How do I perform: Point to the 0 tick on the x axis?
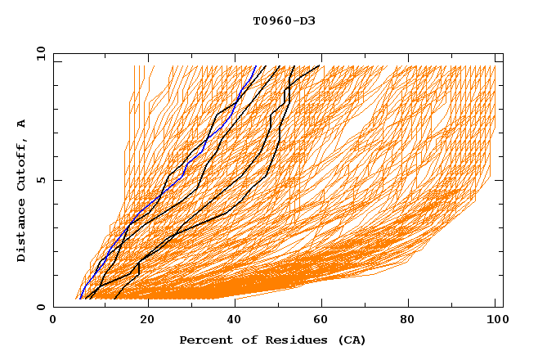coord(53,320)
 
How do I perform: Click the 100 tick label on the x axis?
coord(495,320)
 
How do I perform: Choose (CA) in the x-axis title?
coord(349,340)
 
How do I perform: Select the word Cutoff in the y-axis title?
coord(22,164)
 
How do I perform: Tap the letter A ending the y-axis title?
coord(22,124)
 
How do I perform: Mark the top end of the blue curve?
coord(256,66)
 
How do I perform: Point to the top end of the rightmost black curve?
coord(320,66)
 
